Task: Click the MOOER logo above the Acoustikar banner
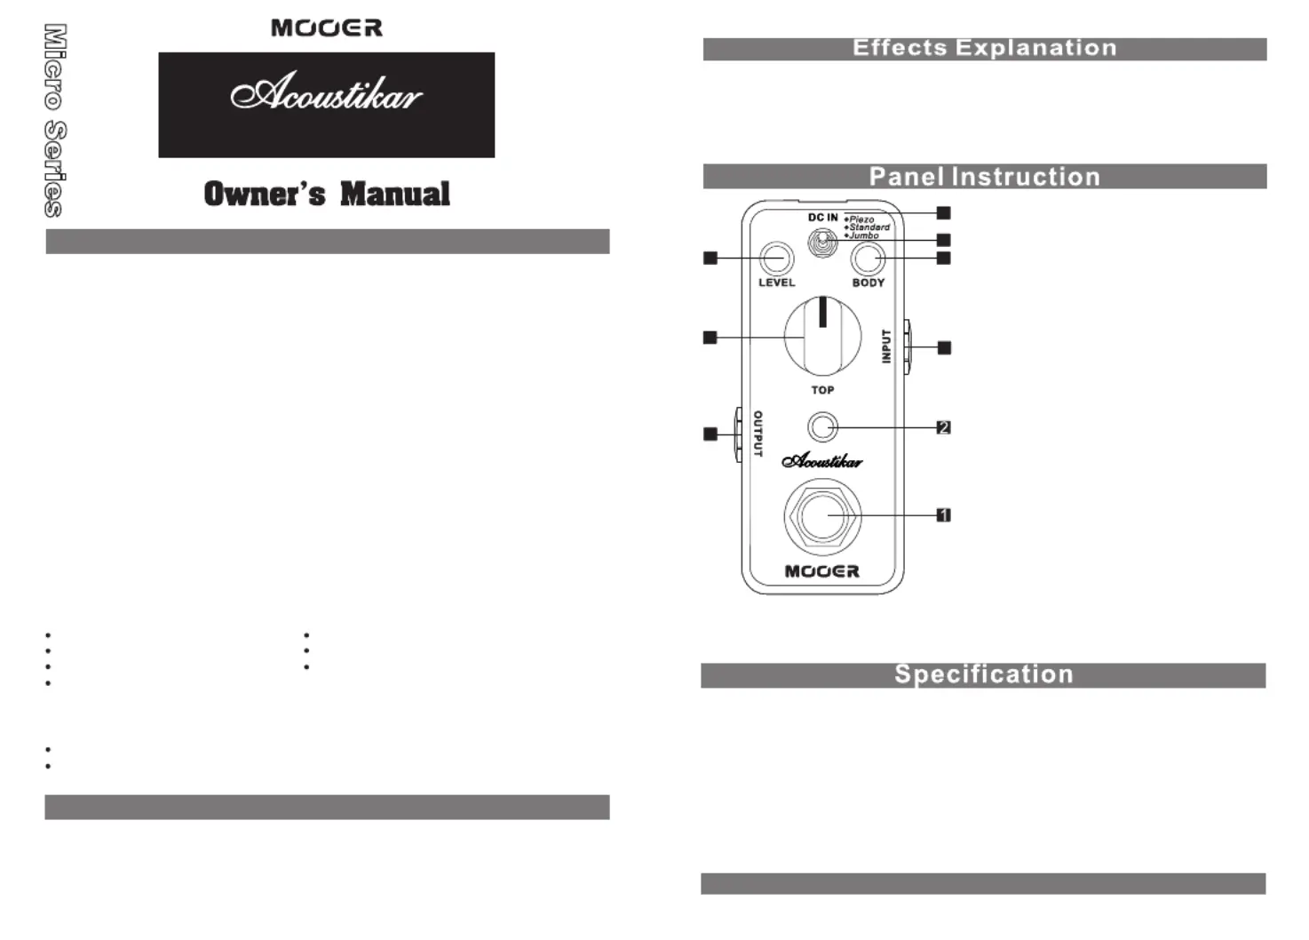(x=327, y=28)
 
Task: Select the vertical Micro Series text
(x=54, y=120)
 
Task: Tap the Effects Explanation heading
(x=984, y=48)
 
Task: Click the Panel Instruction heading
(x=984, y=176)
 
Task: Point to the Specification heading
(x=983, y=674)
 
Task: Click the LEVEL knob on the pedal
(x=776, y=259)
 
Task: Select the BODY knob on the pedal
(x=868, y=259)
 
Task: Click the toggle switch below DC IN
(x=822, y=242)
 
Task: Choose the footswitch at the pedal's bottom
(x=822, y=515)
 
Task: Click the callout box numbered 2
(x=943, y=427)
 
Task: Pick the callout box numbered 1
(x=943, y=515)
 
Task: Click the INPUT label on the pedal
(x=885, y=346)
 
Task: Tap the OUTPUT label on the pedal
(x=758, y=434)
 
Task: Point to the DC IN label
(x=822, y=218)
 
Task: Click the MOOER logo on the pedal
(x=821, y=571)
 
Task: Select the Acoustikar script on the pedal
(x=821, y=460)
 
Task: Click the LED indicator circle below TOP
(x=822, y=427)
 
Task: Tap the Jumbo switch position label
(x=863, y=235)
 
